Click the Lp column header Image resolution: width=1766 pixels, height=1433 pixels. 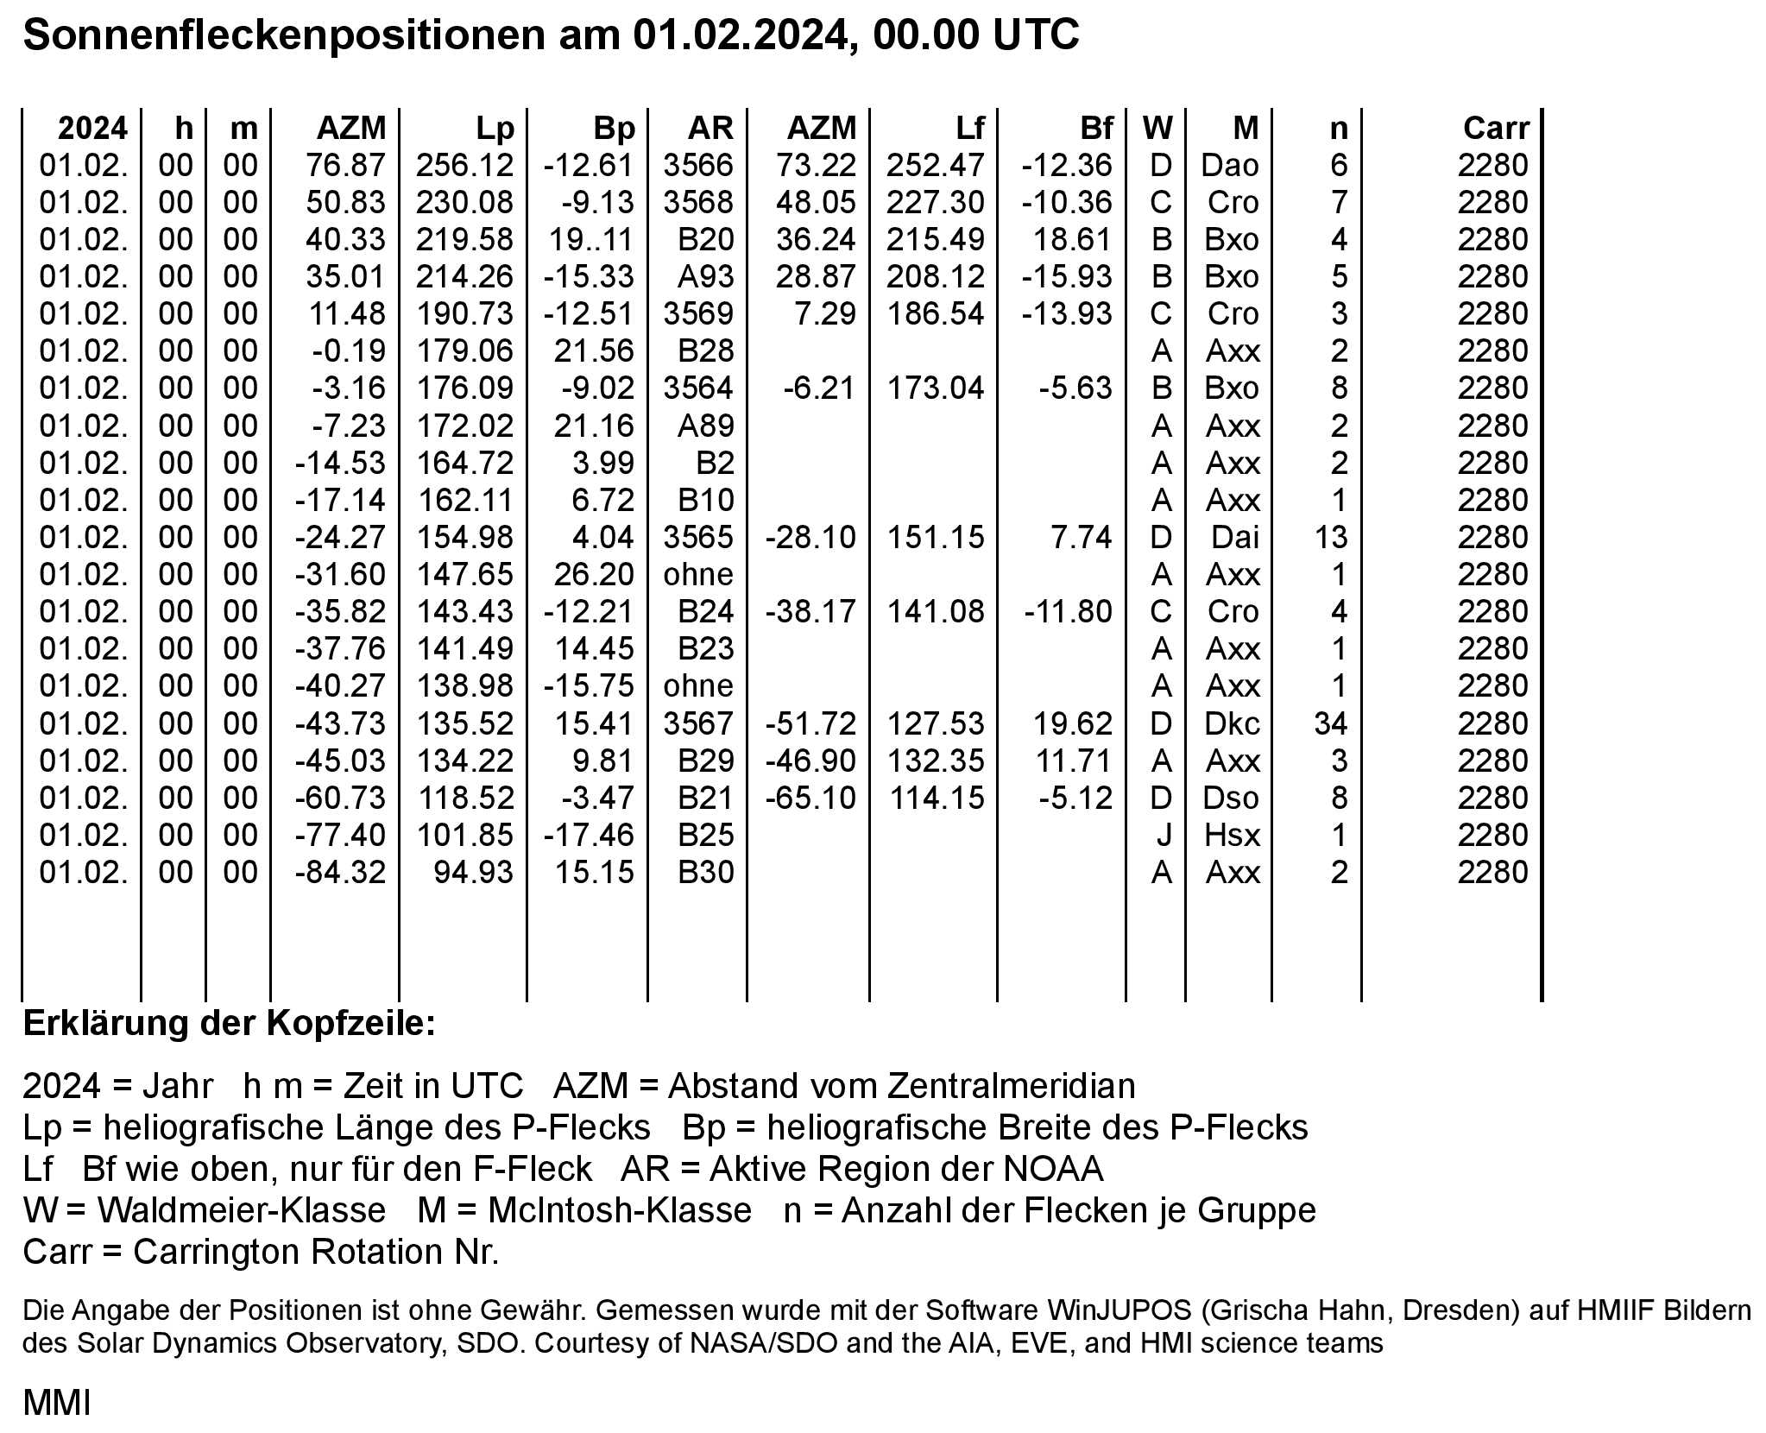click(x=495, y=128)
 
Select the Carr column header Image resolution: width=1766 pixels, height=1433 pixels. click(x=1495, y=128)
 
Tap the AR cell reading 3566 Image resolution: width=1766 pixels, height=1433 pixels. click(x=697, y=165)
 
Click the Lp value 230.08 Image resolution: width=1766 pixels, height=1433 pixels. click(x=464, y=202)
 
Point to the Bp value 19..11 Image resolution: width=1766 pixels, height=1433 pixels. click(x=591, y=239)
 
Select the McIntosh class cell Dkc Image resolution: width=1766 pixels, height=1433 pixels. click(x=1231, y=723)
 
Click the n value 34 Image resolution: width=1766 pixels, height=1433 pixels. click(x=1330, y=723)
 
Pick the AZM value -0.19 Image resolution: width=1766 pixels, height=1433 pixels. click(x=349, y=350)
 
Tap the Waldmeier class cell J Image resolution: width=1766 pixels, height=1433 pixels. click(x=1162, y=835)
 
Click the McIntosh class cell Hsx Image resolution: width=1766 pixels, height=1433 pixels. click(x=1232, y=835)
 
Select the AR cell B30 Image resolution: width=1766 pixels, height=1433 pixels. click(x=705, y=872)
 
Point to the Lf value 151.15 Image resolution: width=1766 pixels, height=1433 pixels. click(x=936, y=537)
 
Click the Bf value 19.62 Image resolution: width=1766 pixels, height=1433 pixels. click(x=1073, y=723)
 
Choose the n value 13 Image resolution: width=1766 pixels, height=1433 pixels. click(x=1330, y=537)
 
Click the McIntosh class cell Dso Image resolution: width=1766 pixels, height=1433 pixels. click(x=1231, y=798)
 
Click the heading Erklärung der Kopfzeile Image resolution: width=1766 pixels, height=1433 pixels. click(x=230, y=1024)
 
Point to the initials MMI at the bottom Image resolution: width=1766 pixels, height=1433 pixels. click(x=56, y=1403)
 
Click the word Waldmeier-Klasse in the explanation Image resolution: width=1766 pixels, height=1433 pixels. click(x=241, y=1210)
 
